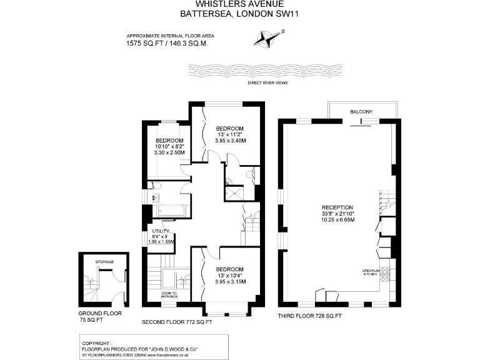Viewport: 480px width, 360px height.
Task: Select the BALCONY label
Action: pos(361,112)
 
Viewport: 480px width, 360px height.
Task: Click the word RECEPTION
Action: pos(337,207)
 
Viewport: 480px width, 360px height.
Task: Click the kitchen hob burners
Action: pos(386,274)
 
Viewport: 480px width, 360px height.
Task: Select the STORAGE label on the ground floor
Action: pos(104,261)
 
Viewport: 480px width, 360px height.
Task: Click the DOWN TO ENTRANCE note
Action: pos(169,295)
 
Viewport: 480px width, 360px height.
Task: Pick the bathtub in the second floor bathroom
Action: pos(168,211)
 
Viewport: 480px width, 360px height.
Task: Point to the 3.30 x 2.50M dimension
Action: pos(169,152)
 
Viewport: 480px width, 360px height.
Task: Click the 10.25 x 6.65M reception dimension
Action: pos(337,220)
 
